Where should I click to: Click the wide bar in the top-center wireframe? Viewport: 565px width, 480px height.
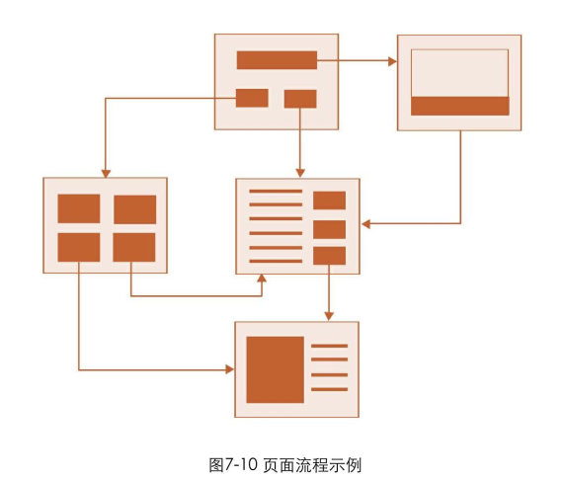[277, 60]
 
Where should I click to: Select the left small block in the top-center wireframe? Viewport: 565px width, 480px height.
[252, 98]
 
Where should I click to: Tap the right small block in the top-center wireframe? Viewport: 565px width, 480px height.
[300, 99]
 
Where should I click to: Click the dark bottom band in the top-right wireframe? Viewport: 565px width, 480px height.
[459, 106]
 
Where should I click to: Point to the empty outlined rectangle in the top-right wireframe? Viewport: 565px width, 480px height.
[459, 72]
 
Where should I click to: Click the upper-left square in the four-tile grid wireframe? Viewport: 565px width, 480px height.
[79, 209]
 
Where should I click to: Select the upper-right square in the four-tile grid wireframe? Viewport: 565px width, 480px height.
[134, 209]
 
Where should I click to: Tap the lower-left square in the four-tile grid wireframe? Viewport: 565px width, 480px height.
[79, 247]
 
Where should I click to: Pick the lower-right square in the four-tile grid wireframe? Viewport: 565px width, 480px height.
[134, 247]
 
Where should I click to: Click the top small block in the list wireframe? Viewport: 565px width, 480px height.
[329, 200]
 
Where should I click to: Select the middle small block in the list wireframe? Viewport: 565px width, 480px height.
[329, 229]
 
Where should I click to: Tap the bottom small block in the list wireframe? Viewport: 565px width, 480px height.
[329, 256]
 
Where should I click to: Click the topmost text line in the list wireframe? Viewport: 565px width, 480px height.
[276, 191]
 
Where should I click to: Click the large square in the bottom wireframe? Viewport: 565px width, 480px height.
[275, 369]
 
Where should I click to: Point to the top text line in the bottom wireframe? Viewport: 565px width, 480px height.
[329, 346]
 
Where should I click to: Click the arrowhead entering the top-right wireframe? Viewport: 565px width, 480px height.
[392, 61]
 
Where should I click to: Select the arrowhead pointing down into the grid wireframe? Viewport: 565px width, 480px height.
[105, 172]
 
